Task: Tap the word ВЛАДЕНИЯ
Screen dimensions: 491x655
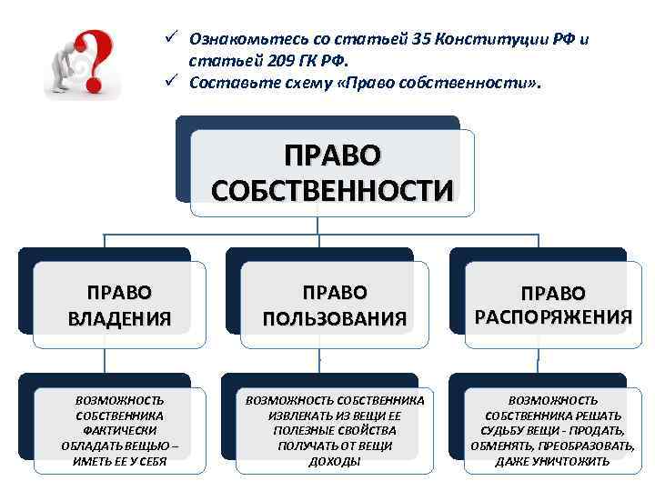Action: click(x=119, y=318)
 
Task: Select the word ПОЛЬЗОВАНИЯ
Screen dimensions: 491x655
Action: click(x=333, y=318)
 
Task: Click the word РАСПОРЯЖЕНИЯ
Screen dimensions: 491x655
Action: click(x=553, y=316)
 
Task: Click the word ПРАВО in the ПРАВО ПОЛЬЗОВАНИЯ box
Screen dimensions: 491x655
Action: click(x=333, y=293)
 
